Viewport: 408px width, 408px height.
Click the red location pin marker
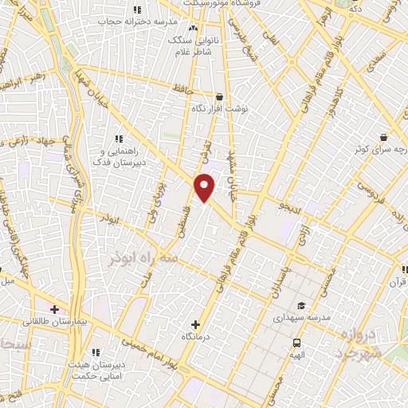point(205,186)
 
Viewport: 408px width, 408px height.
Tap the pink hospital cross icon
point(54,308)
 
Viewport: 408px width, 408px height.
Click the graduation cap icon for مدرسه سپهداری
point(301,305)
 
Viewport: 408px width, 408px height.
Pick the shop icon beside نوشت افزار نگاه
point(220,96)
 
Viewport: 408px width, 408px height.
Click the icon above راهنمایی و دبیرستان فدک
point(119,138)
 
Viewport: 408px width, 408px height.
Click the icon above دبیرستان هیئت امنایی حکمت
point(96,352)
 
